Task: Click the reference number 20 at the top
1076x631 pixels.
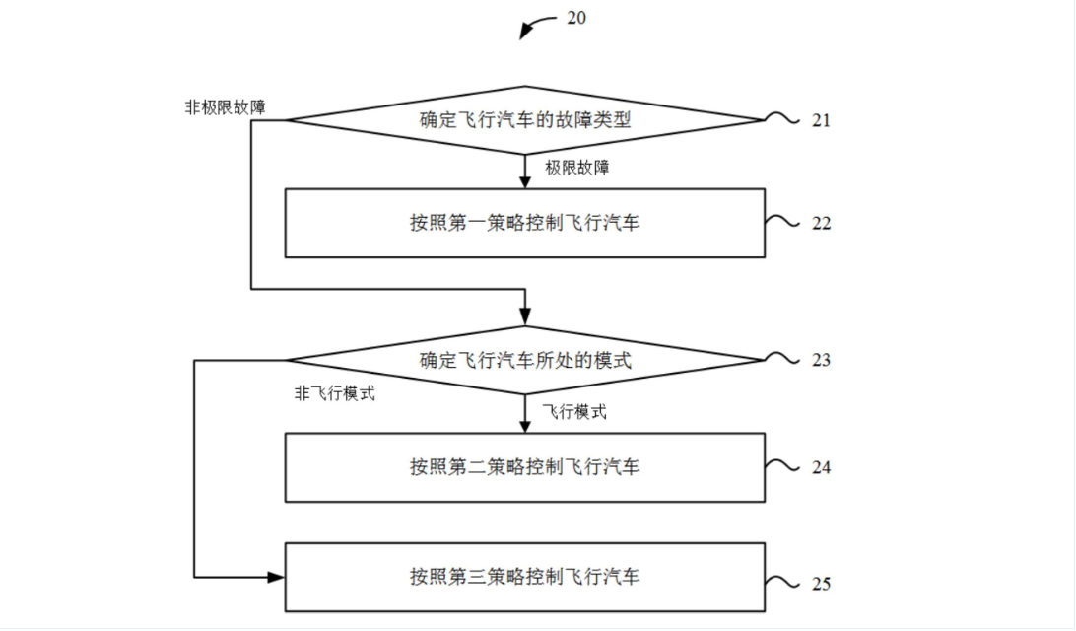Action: point(576,18)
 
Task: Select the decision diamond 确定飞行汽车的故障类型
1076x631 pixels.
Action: point(524,120)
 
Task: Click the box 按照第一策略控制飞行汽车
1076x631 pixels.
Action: point(524,223)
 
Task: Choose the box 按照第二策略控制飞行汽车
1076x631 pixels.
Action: point(524,466)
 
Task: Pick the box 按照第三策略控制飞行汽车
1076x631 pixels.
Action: point(524,576)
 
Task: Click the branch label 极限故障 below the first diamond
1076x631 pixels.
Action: point(577,168)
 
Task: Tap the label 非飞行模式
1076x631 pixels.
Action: point(334,394)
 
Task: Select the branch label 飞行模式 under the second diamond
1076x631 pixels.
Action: point(573,411)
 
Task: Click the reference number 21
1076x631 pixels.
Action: point(822,120)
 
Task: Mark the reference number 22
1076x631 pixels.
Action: point(822,224)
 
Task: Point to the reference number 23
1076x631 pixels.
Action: point(822,361)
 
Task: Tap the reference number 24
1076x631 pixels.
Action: point(822,467)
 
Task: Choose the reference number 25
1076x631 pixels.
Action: point(822,584)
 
